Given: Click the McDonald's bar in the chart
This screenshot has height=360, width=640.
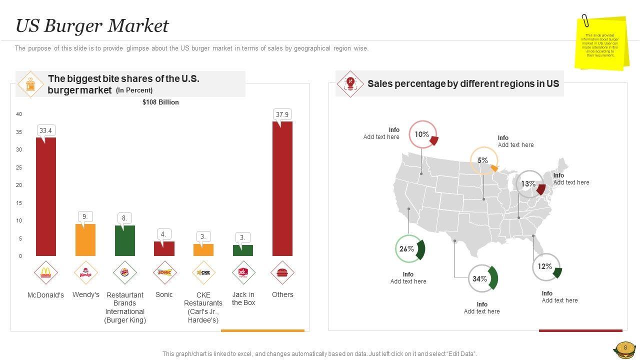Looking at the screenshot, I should tap(46, 196).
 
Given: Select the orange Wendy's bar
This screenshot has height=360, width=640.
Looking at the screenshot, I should tap(85, 240).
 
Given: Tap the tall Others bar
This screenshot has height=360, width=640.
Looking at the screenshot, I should tap(282, 188).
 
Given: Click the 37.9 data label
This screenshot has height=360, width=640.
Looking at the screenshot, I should tap(282, 114).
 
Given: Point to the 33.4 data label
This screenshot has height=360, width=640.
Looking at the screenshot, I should tap(45, 131).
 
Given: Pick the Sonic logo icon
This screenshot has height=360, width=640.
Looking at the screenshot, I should tap(164, 272).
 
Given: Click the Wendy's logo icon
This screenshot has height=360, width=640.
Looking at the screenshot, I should tap(85, 273).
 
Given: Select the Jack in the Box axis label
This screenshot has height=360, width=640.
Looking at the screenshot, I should tap(243, 298).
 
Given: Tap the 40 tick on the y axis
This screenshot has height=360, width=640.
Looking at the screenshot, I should tap(19, 114).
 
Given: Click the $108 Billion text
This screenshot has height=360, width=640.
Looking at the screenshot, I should tap(160, 102).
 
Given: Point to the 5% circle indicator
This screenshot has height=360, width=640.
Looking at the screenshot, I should tap(483, 160).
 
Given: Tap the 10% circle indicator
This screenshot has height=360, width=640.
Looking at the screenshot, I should tap(423, 134).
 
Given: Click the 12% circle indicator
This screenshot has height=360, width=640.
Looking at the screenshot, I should tap(546, 267).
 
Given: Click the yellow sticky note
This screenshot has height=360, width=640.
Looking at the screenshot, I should tap(602, 43).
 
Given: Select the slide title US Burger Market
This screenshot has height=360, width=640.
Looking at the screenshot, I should tap(92, 26).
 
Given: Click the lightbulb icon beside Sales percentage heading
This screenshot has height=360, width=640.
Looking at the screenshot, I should tap(350, 83).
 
